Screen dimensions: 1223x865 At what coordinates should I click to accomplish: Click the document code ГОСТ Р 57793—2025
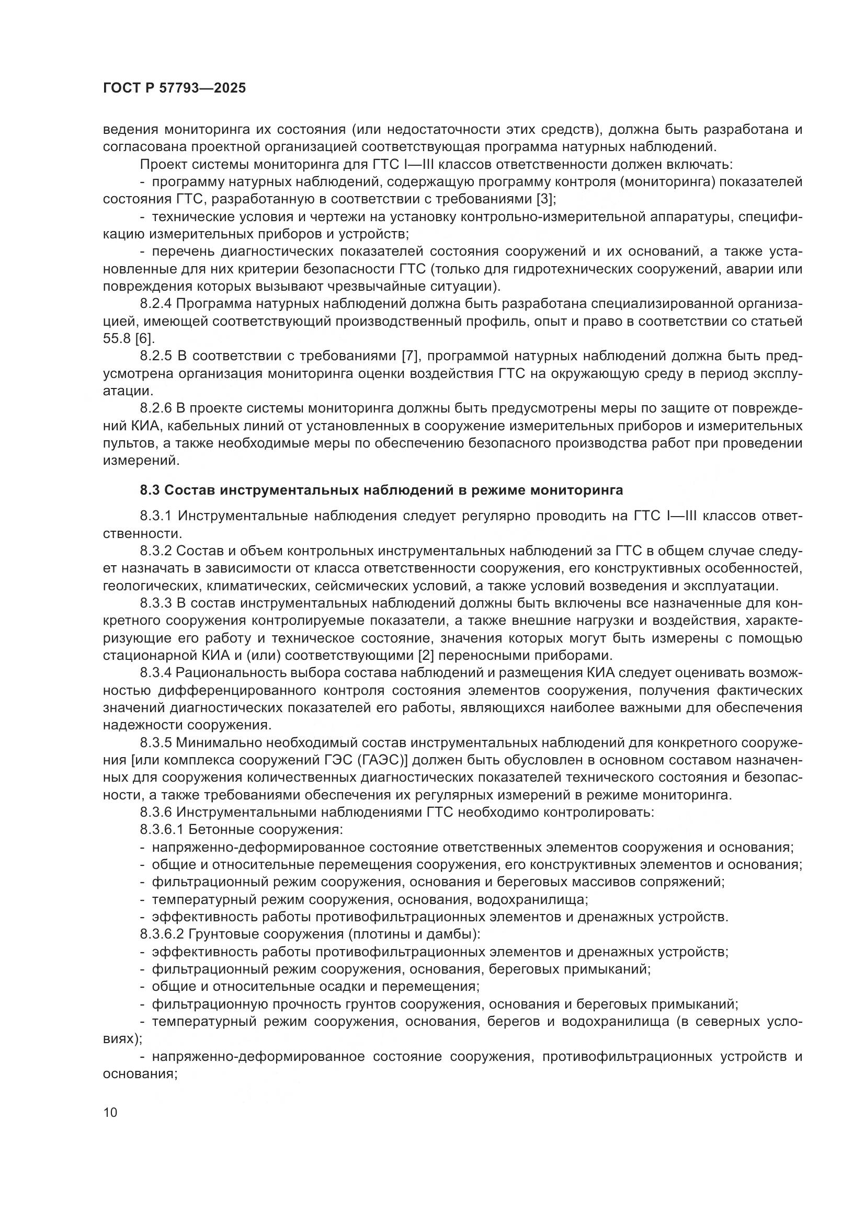click(174, 88)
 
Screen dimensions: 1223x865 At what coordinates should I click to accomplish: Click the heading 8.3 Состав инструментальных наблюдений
click(381, 490)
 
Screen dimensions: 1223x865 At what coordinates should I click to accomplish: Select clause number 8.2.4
click(156, 304)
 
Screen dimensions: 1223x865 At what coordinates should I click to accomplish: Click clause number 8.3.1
click(156, 516)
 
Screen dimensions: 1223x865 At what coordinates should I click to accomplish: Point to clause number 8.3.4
click(156, 673)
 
